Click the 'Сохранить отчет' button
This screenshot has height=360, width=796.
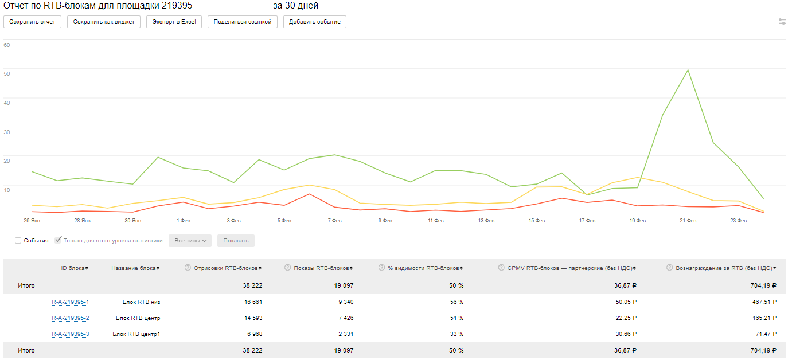(x=32, y=22)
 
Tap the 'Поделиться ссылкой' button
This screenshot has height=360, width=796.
(x=243, y=22)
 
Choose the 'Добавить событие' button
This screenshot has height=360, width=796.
(x=315, y=22)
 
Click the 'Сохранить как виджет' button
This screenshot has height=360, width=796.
(x=104, y=22)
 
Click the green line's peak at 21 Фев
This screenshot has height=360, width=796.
(x=688, y=70)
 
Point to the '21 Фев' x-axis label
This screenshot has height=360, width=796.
(x=688, y=221)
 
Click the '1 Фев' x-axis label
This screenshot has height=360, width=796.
(x=184, y=221)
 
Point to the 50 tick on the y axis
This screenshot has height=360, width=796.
(x=7, y=73)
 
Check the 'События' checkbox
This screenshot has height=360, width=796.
(x=18, y=241)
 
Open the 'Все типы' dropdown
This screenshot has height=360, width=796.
(x=190, y=241)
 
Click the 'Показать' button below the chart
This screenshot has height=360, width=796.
(x=236, y=241)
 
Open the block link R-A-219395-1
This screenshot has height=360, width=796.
(x=70, y=302)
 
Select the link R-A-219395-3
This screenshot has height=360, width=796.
(x=70, y=334)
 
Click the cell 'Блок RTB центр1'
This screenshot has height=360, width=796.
(x=136, y=334)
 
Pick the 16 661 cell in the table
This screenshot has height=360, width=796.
(x=250, y=302)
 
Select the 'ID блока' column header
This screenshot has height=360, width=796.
(x=74, y=268)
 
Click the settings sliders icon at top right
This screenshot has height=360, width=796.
(x=782, y=22)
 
